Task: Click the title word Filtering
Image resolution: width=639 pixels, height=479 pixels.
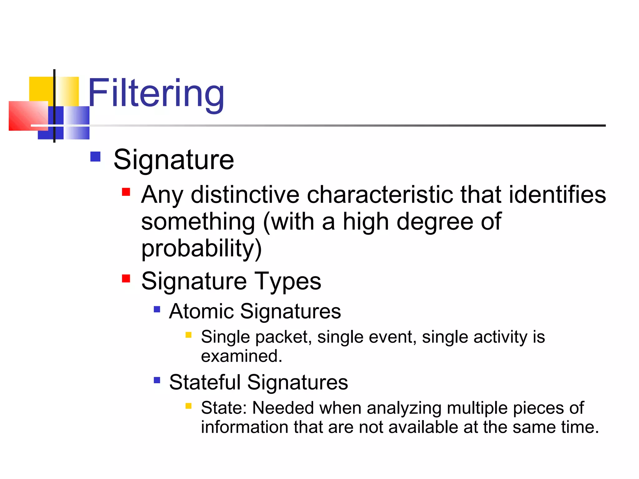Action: coord(156,93)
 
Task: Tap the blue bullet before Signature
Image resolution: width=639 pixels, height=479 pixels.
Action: coord(95,157)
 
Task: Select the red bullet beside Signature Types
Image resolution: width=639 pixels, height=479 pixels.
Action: coord(126,278)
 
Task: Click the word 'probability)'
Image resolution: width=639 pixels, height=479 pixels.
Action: coord(201,249)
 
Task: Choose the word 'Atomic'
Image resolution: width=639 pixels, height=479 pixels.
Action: coord(201,311)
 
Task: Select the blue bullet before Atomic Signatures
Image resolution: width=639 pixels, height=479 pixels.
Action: coord(157,309)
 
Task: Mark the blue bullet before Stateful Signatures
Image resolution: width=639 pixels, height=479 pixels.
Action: coord(157,380)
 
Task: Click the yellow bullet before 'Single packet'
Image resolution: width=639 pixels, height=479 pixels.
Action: coord(188,335)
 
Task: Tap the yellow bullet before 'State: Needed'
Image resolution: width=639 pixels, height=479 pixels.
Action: coord(188,406)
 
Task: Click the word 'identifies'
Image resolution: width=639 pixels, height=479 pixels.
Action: coord(557,195)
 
